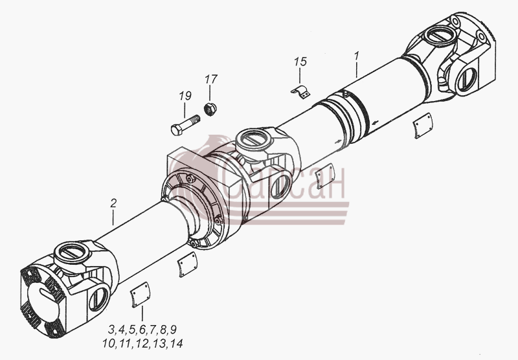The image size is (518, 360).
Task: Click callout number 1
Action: (x=357, y=56)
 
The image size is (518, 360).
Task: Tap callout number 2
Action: (x=113, y=203)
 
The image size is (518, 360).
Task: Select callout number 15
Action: (x=300, y=62)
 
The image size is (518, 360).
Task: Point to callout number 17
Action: (x=211, y=79)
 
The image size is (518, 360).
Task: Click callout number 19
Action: (x=185, y=96)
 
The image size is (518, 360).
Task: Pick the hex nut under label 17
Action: (x=209, y=109)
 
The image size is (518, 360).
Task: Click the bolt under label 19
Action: (x=185, y=125)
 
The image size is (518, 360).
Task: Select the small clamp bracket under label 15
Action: (x=301, y=92)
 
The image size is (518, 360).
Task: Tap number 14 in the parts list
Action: (x=176, y=343)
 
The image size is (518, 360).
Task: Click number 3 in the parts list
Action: (x=111, y=330)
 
